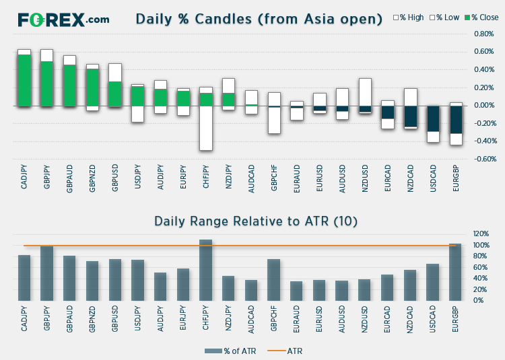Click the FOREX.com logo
(63, 20)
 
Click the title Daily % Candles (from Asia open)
(259, 19)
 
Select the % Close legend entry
(481, 17)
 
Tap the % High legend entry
(409, 17)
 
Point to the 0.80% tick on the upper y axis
(483, 34)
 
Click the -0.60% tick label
(485, 159)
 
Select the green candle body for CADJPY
(24, 81)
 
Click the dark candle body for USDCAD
(433, 118)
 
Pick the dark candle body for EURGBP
(456, 120)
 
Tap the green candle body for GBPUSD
(115, 94)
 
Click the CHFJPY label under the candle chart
(206, 176)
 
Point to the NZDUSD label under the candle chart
(365, 178)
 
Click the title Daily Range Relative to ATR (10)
(256, 221)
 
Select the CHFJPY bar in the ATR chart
(206, 271)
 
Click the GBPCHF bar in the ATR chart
(274, 280)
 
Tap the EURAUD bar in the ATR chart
(296, 291)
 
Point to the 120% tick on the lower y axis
(481, 233)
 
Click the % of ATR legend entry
(230, 351)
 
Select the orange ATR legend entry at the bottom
(285, 351)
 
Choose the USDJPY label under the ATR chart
(137, 319)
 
